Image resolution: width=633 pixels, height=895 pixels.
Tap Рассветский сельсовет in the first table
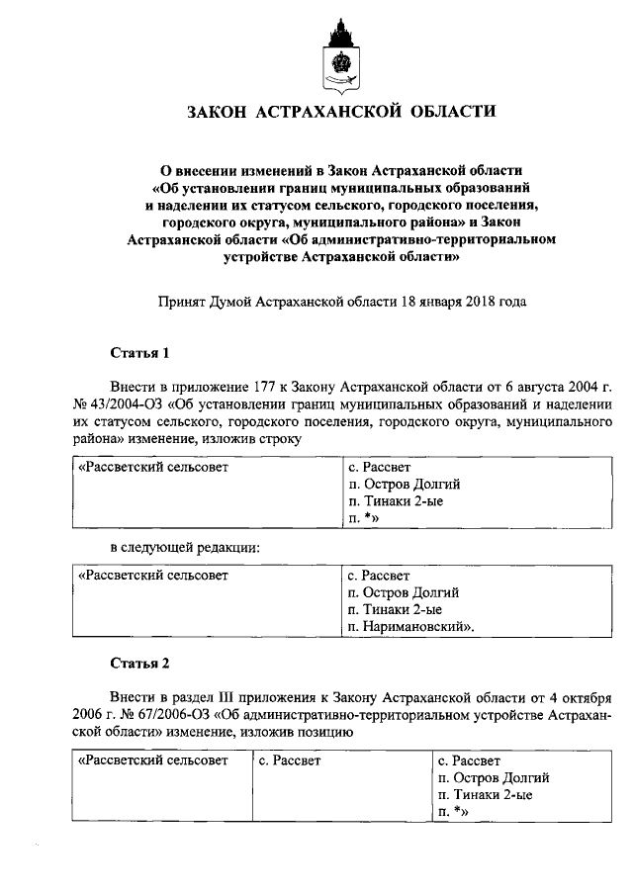(x=153, y=466)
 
